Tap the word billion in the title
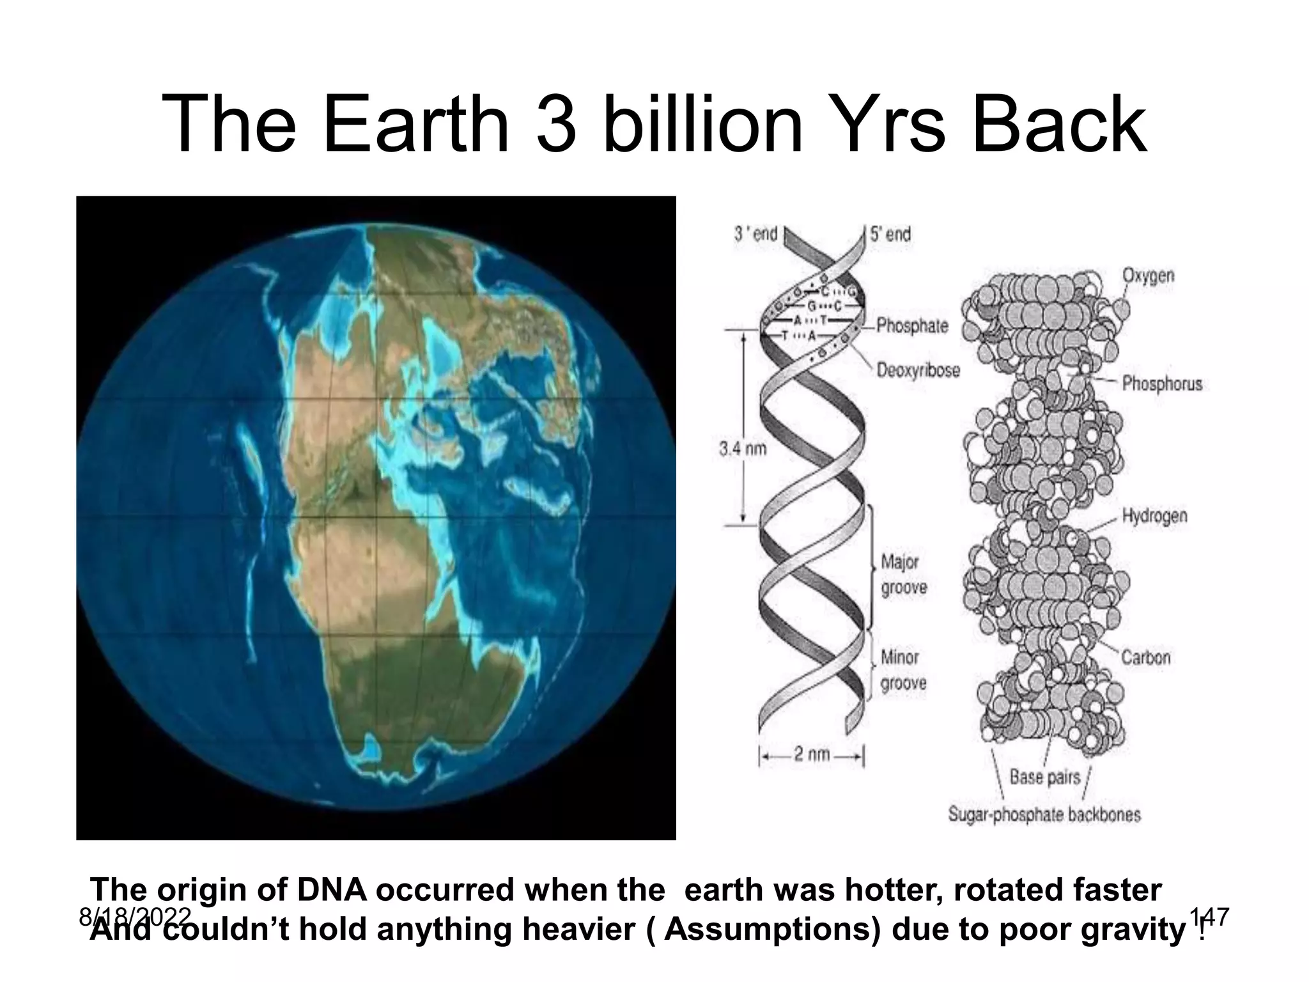(x=702, y=125)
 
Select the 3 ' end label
(x=755, y=234)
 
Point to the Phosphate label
(x=912, y=325)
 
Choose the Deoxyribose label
(x=918, y=370)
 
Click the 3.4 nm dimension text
(x=742, y=449)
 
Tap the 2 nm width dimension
(x=812, y=754)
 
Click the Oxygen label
(x=1149, y=276)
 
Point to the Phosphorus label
(x=1162, y=384)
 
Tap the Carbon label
(x=1146, y=657)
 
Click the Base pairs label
(x=1044, y=777)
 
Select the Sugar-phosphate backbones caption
(x=1044, y=814)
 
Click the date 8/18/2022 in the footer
(x=135, y=917)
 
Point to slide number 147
(x=1209, y=917)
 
